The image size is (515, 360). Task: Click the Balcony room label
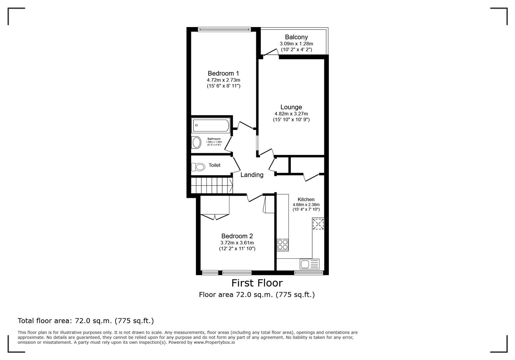[x=296, y=37]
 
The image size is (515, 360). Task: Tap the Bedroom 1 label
[x=223, y=73]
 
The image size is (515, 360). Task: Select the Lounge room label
[x=291, y=107]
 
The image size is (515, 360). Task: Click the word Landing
[x=252, y=175]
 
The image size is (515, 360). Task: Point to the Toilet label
[x=214, y=165]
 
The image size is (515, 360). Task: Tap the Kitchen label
[x=306, y=199]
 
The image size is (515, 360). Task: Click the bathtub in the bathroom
[x=210, y=125]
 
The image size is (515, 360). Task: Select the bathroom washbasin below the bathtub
[x=196, y=143]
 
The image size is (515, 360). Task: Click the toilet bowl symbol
[x=198, y=167]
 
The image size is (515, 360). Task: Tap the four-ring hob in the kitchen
[x=283, y=245]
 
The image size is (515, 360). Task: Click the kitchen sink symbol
[x=309, y=264]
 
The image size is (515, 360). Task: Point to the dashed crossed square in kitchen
[x=318, y=224]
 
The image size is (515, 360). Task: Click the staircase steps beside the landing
[x=211, y=185]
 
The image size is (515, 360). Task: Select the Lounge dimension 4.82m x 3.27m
[x=291, y=114]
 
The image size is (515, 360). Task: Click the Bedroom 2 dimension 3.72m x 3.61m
[x=237, y=243]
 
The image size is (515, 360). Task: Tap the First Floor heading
[x=257, y=283]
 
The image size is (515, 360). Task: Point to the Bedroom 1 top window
[x=224, y=29]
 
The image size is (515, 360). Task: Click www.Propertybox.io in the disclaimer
[x=214, y=342]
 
